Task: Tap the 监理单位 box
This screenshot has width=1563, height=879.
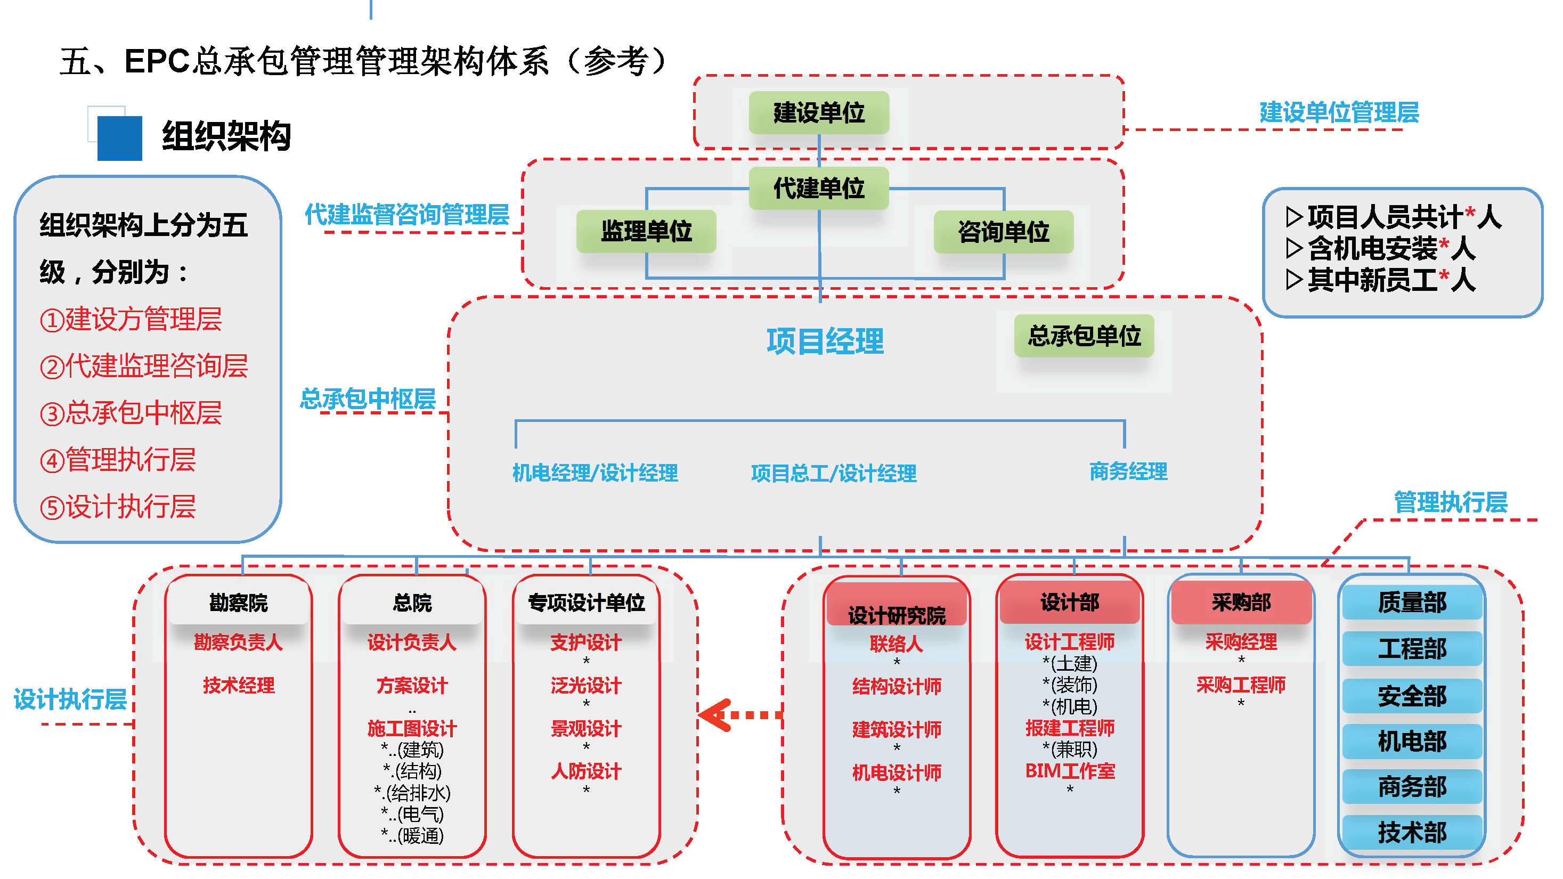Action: [x=646, y=231]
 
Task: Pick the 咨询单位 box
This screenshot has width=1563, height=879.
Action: [x=1003, y=232]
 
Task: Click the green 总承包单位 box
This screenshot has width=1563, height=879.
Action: [x=1084, y=336]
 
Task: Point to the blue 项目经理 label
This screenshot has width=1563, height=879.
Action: [x=825, y=341]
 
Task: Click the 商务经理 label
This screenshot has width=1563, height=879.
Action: [x=1128, y=471]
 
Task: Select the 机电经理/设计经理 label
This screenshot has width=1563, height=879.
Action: [x=595, y=473]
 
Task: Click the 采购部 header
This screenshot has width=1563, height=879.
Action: [x=1241, y=603]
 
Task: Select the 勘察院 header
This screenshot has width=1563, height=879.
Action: [x=239, y=603]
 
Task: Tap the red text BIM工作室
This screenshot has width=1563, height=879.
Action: [x=1070, y=771]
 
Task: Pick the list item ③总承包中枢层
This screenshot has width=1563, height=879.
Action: [x=131, y=412]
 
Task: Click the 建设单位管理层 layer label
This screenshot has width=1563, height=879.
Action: [x=1339, y=112]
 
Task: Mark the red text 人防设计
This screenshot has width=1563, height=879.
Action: [x=586, y=771]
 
